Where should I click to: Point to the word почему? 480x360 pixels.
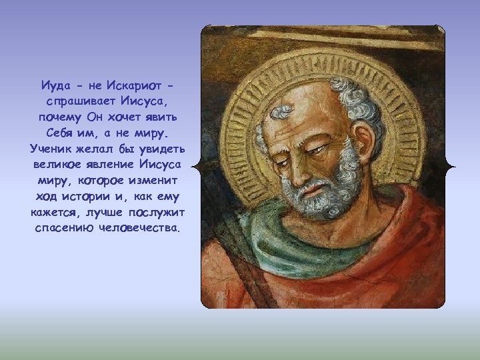[x=61, y=117]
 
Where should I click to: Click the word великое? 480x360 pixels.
[x=55, y=163]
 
